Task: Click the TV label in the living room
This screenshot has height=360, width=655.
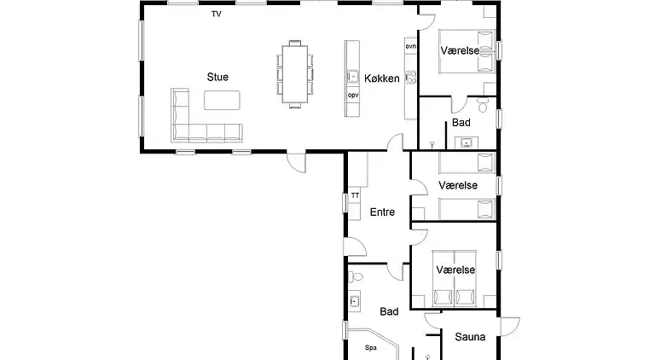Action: (217, 15)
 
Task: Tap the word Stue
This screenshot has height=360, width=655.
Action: (217, 77)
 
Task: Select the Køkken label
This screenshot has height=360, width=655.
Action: (382, 78)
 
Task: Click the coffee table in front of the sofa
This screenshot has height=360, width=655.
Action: (222, 100)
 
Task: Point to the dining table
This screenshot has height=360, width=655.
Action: (295, 74)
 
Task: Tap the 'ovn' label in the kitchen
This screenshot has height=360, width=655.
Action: (410, 46)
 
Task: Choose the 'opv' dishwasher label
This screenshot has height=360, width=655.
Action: (353, 96)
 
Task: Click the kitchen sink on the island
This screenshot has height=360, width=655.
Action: (353, 77)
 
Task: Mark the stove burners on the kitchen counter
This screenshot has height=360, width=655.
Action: (411, 77)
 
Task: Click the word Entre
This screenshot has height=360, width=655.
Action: (382, 212)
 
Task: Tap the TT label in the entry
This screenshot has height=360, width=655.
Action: (355, 195)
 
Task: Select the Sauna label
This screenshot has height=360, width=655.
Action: (470, 337)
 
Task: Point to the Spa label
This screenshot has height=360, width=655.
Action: (370, 347)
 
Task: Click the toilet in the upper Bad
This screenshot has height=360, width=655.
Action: (483, 105)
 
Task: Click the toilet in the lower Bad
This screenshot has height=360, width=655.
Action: (356, 276)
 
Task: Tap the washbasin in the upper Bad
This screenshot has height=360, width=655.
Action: (467, 143)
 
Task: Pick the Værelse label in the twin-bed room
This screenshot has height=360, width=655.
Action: (458, 185)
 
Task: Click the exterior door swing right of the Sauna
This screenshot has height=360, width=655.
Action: (510, 326)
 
